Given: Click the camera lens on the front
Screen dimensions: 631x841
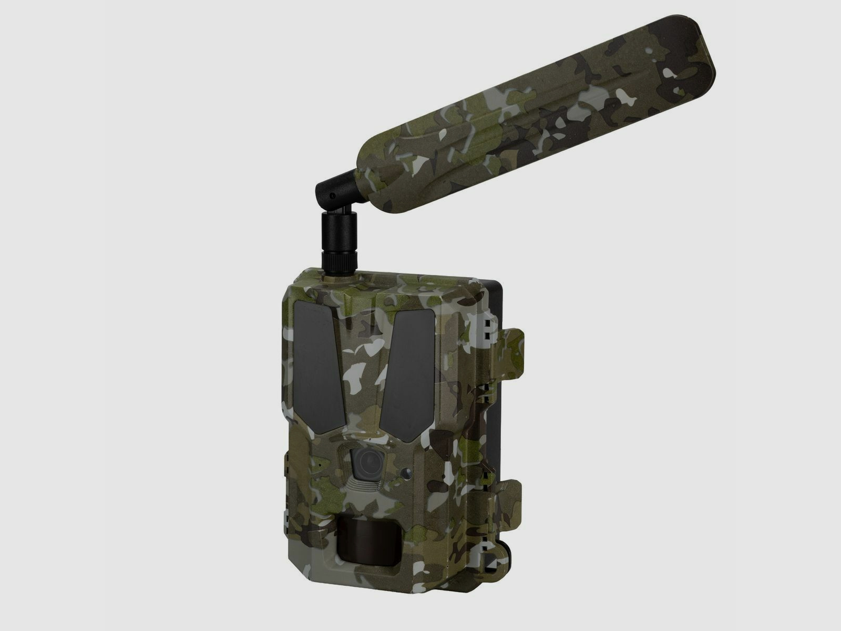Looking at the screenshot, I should (x=367, y=462).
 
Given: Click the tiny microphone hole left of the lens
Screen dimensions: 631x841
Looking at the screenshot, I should (x=319, y=466).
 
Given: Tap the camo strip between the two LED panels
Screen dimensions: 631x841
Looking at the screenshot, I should (x=363, y=368).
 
